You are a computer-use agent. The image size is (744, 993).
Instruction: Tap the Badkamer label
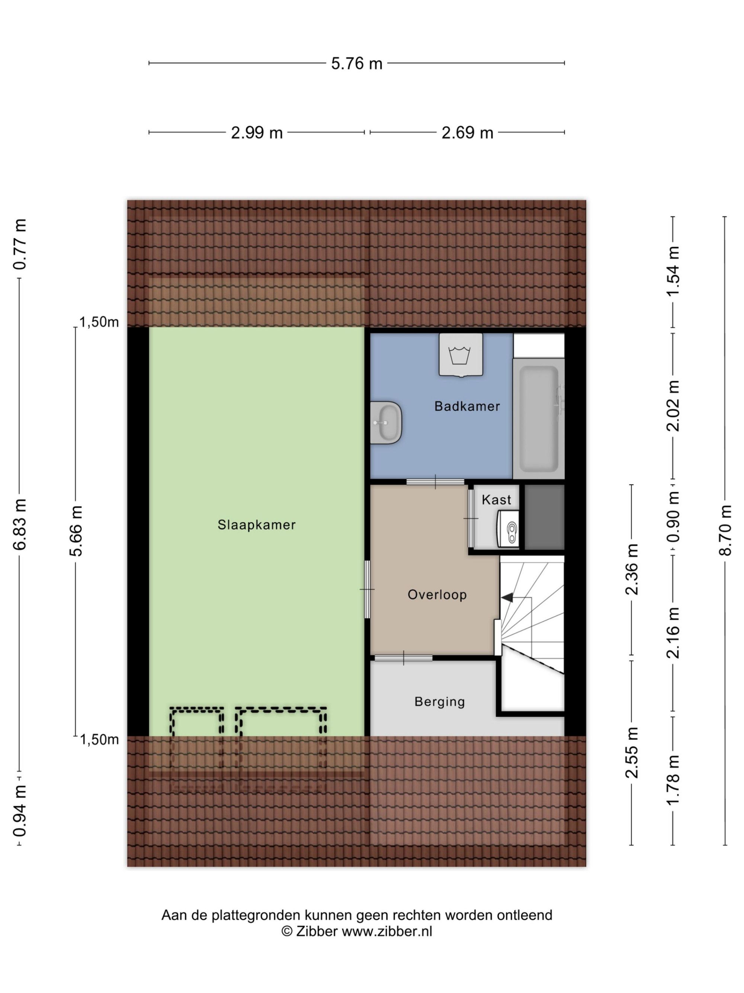pos(467,406)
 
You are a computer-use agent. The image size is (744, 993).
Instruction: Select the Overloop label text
pos(437,595)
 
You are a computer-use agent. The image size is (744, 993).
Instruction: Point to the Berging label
pos(439,702)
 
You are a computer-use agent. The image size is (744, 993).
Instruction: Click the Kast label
pos(497,500)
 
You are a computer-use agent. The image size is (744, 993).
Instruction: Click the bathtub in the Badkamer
pos(538,418)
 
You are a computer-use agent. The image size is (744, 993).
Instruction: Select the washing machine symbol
pos(461,354)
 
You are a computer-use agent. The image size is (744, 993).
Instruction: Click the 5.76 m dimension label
pos(356,64)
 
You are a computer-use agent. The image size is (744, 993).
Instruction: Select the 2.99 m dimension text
pos(257,133)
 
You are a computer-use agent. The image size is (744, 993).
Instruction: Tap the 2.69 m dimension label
pos(467,133)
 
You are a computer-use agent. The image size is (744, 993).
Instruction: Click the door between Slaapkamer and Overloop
pos(367,589)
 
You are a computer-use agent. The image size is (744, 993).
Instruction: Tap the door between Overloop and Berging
pos(404,658)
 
